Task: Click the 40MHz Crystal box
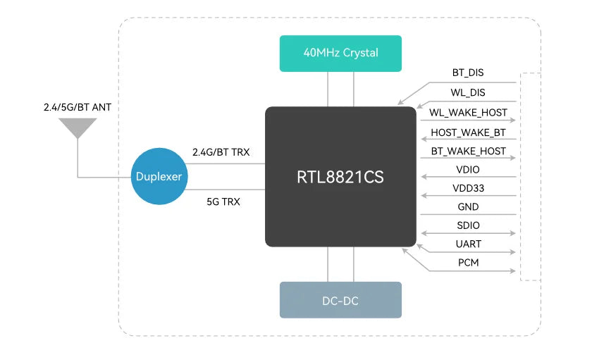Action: (340, 53)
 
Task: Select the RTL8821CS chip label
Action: (340, 177)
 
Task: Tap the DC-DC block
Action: (340, 300)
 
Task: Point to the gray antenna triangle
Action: (78, 128)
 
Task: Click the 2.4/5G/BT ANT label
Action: (78, 108)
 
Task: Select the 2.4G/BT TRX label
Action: (221, 152)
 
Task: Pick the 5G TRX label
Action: (223, 201)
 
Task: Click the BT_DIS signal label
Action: (468, 73)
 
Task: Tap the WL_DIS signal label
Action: (468, 92)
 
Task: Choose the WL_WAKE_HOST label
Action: (468, 112)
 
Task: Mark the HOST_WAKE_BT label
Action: (468, 132)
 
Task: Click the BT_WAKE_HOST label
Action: (468, 151)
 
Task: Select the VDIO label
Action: (468, 170)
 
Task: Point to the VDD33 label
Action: (468, 188)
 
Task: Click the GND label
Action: (468, 207)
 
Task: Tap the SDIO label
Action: (468, 225)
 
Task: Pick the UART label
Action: (468, 244)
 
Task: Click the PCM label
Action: (468, 263)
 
